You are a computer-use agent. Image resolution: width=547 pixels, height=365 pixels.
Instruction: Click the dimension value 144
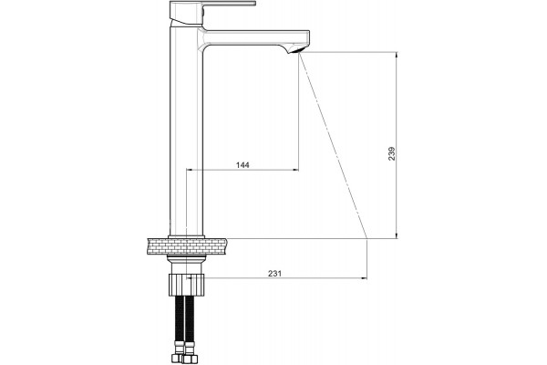243,165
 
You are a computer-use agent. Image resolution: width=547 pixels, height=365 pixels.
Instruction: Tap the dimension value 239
392,153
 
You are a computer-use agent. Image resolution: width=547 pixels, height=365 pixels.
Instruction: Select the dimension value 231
274,274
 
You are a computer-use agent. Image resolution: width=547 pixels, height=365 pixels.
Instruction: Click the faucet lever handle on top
212,10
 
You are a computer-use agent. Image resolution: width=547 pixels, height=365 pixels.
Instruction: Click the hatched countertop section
187,246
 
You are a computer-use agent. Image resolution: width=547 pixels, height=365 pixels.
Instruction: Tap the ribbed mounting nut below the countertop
187,285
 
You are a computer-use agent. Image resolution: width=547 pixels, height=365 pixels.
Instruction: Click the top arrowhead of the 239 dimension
397,55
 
